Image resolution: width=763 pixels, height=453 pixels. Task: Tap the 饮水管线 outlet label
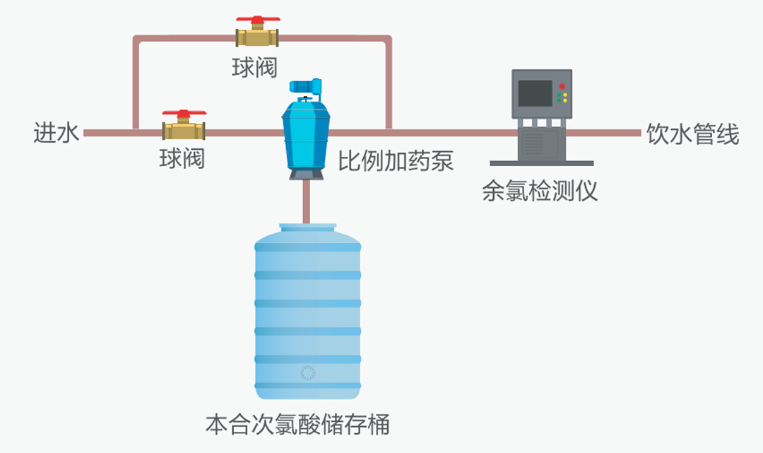pos(692,134)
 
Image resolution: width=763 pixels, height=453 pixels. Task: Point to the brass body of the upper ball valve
pos(257,38)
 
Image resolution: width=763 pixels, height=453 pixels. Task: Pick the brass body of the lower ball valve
pos(184,131)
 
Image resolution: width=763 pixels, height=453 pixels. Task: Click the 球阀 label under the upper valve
pos(254,67)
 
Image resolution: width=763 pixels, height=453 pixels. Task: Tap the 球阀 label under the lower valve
pos(182,158)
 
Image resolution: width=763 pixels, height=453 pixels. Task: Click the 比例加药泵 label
pos(396,161)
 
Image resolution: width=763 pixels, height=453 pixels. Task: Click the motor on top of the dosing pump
pos(305,86)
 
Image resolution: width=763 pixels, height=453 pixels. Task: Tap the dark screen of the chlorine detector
pos(535,93)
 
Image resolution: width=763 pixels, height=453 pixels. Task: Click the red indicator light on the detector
pos(562,87)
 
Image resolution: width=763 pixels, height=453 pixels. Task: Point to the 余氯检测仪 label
pos(540,191)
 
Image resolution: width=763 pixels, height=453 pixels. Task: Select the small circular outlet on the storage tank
pos(307,373)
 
